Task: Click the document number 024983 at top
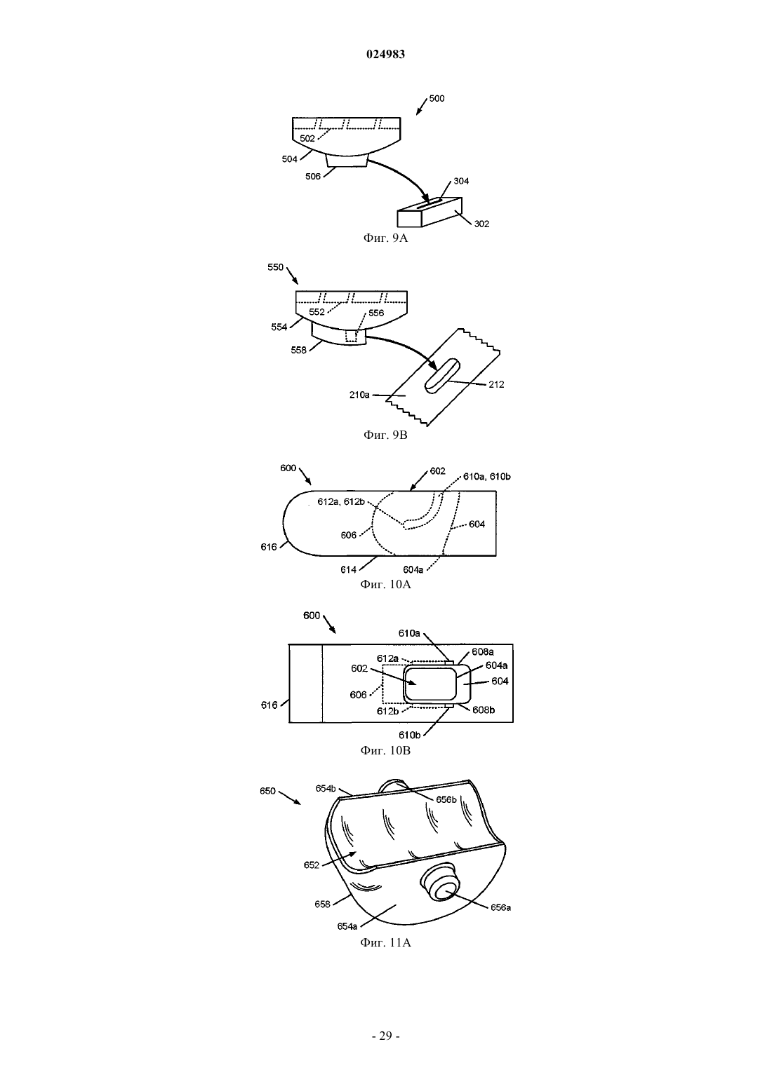(385, 54)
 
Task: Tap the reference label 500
(437, 98)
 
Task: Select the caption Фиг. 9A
(385, 238)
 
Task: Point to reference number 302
(481, 224)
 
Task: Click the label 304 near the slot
(461, 181)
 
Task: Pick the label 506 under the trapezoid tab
(313, 176)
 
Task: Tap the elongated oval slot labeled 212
(441, 375)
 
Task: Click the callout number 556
(376, 313)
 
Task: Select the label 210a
(359, 395)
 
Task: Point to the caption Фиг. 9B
(385, 435)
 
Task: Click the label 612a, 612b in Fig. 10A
(341, 501)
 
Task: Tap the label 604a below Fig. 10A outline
(413, 569)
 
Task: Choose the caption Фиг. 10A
(385, 584)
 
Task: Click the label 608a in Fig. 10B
(483, 651)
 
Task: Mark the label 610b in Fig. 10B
(409, 735)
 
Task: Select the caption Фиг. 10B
(385, 750)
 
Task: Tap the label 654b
(326, 789)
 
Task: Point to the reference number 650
(267, 791)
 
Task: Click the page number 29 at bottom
(385, 1036)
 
